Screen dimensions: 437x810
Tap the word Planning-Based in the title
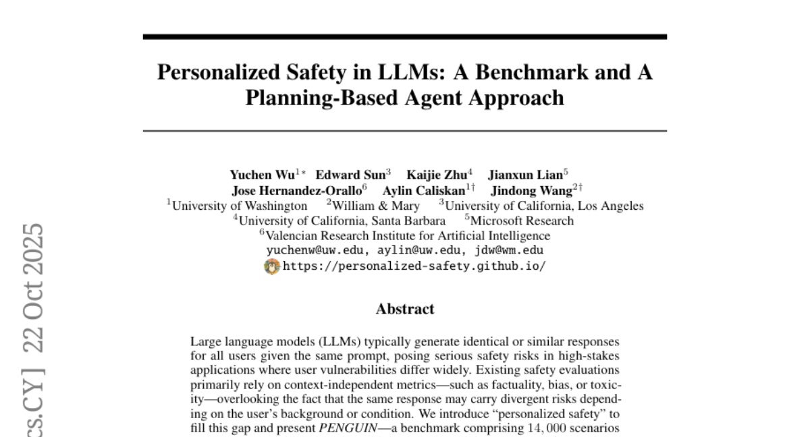(317, 98)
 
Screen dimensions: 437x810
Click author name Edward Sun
(350, 175)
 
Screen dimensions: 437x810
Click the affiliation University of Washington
(240, 206)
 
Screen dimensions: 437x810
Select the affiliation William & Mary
(376, 206)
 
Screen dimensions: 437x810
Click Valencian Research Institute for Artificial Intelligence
(408, 235)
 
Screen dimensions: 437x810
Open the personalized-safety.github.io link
(414, 266)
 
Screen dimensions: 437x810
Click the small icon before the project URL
(271, 266)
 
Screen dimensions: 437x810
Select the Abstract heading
(405, 310)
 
